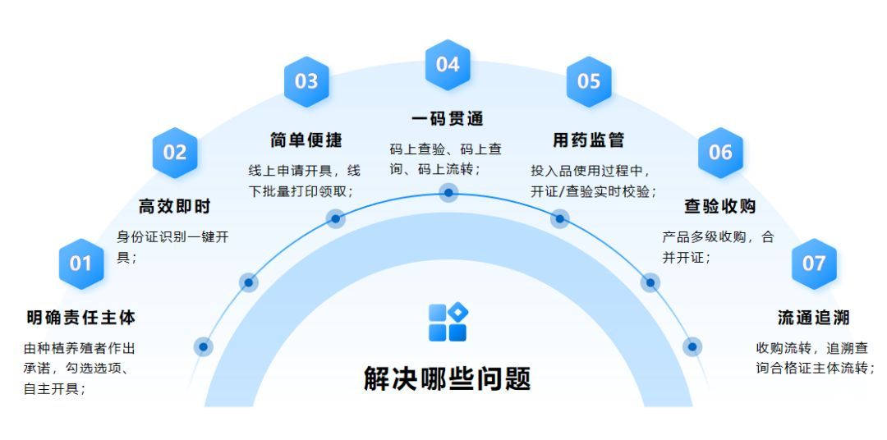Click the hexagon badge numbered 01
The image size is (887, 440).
(x=80, y=264)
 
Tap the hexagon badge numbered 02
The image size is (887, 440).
(x=175, y=152)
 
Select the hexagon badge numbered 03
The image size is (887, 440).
(x=306, y=80)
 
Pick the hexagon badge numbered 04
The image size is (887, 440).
(x=448, y=63)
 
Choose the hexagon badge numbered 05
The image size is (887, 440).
(x=589, y=80)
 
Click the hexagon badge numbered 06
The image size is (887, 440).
(x=720, y=152)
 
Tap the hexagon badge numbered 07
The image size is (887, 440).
(x=813, y=264)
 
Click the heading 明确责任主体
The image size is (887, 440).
(x=80, y=317)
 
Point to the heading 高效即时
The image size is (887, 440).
(x=174, y=206)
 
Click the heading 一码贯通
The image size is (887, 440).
(x=448, y=119)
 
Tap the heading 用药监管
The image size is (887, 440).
(x=588, y=140)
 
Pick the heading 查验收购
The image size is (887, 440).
(x=720, y=206)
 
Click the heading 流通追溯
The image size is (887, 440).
(x=813, y=317)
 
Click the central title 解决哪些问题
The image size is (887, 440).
(x=448, y=378)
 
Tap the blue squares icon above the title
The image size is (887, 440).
(x=448, y=322)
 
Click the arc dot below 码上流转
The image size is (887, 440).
(x=448, y=193)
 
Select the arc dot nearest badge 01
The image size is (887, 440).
(x=203, y=346)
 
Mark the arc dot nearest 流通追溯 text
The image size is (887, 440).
(x=692, y=346)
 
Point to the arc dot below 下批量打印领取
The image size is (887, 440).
(x=335, y=218)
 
